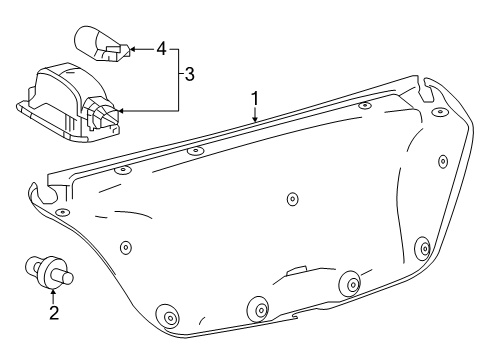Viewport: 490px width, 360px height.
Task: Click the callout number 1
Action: coord(255,99)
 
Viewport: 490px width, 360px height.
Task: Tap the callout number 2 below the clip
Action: coord(54,313)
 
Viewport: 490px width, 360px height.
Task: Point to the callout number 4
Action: coord(161,46)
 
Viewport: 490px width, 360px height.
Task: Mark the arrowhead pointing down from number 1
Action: coord(255,119)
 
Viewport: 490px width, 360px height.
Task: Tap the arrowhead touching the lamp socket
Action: coord(121,110)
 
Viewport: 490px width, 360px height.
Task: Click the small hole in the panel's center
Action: coord(291,199)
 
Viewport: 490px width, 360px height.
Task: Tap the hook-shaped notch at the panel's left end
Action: coord(41,192)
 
